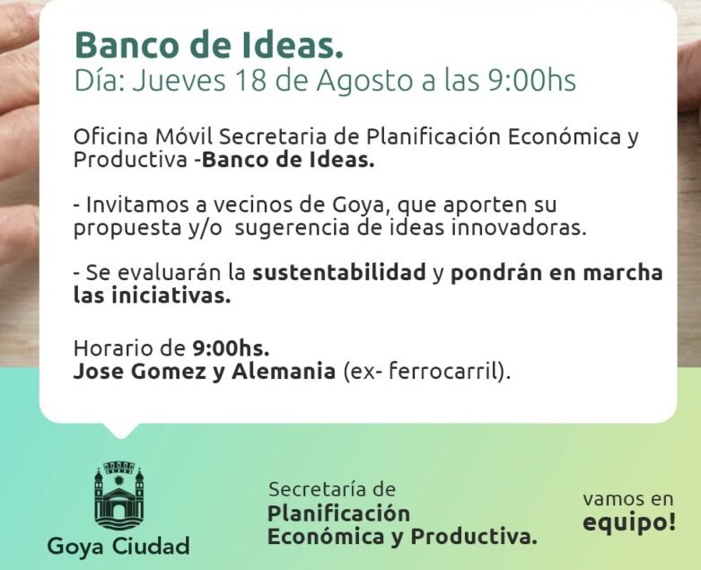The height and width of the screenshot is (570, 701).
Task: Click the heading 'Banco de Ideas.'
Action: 209,45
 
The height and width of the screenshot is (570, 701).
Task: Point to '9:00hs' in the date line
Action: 531,81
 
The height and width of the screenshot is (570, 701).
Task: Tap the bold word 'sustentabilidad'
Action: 339,273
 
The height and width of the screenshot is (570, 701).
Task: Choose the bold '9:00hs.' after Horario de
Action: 231,348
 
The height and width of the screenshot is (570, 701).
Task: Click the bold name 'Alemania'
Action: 284,371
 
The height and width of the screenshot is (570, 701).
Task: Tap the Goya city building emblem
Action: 118,495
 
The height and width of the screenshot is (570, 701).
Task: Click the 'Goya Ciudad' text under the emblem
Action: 118,546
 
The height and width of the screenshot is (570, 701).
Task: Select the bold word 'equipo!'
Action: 629,522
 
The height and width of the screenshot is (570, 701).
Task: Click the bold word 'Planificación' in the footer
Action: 338,513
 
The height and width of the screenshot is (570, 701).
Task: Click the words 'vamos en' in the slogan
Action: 627,499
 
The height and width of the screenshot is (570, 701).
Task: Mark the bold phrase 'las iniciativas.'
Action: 152,296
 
